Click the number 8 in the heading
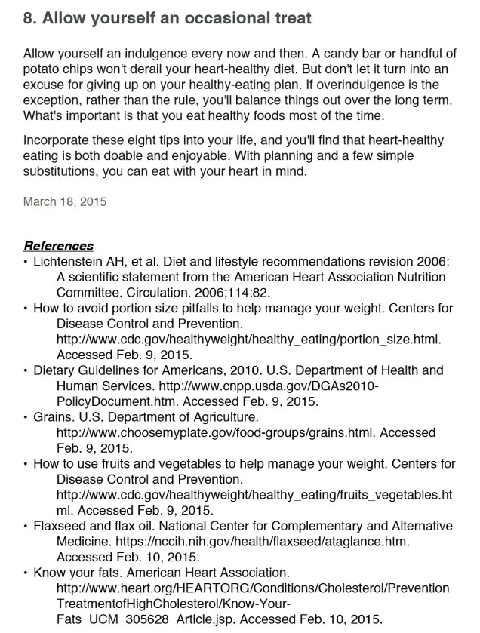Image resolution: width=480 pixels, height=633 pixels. [x=29, y=17]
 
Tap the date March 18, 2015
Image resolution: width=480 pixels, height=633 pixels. [x=65, y=201]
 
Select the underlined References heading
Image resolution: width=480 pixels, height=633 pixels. [x=59, y=246]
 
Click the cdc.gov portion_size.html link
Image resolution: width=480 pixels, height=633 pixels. [x=248, y=338]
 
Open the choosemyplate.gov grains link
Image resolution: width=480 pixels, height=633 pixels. [x=216, y=432]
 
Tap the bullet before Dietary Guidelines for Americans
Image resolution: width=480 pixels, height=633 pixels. [x=26, y=370]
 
